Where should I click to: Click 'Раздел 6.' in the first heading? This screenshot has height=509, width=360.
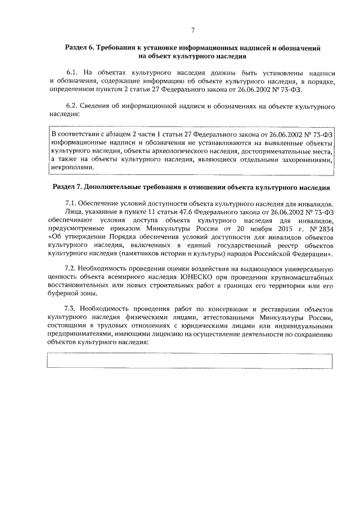click(x=80, y=49)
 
